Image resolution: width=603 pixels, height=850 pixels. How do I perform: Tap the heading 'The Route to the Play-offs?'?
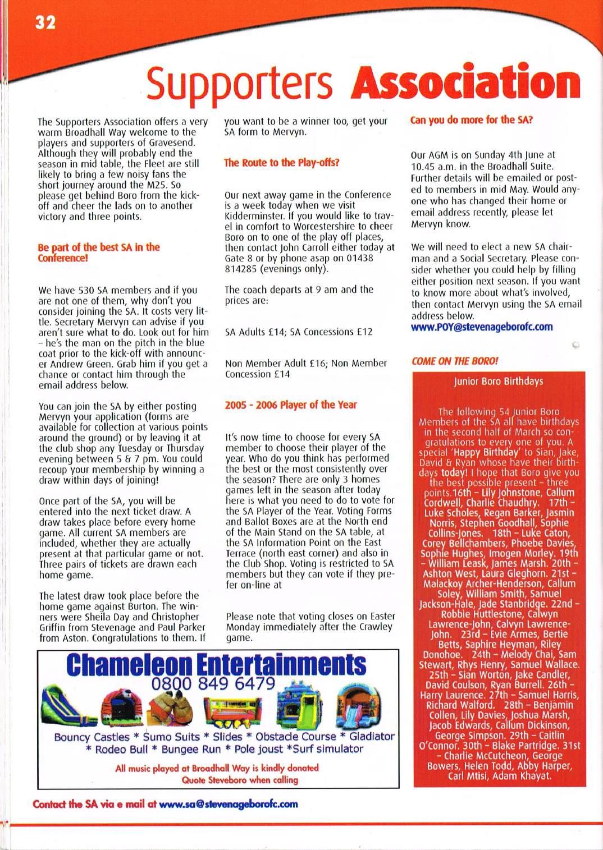point(281,163)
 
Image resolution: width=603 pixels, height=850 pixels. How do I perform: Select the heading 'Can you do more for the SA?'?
point(472,120)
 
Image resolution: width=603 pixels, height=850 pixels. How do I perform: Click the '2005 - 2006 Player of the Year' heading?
point(291,405)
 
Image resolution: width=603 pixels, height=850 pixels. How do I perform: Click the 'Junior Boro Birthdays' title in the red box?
point(499,382)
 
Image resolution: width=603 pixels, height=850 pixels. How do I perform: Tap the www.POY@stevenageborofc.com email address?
point(482,327)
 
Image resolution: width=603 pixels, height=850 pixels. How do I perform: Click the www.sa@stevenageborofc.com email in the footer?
point(229,803)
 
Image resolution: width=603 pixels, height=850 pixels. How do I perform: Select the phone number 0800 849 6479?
point(213,683)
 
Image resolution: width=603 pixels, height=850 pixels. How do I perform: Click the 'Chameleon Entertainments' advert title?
point(216,666)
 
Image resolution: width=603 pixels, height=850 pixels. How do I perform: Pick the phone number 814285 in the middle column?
point(241,269)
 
